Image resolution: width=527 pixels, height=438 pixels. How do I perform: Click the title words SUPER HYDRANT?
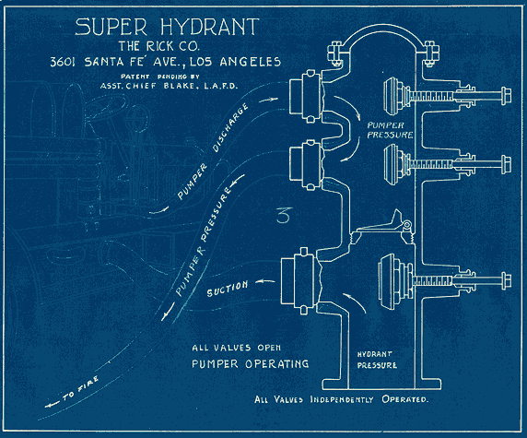point(167,27)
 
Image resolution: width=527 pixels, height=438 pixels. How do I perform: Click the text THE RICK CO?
point(159,46)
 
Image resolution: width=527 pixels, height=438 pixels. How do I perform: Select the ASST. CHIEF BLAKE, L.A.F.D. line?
point(169,86)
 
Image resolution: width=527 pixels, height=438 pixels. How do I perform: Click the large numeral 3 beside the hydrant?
point(285,216)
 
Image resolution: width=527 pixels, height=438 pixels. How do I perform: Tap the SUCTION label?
point(228,289)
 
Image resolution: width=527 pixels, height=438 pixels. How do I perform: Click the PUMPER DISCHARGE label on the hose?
point(213,150)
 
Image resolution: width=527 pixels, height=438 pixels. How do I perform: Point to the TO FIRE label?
point(80,389)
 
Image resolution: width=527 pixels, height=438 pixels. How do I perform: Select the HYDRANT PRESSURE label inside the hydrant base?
point(377,360)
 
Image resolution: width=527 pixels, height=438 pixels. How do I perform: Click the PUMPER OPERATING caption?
point(250,363)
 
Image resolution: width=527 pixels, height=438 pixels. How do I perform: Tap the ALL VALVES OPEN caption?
point(236,348)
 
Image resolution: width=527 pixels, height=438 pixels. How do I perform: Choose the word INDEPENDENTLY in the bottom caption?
point(342,399)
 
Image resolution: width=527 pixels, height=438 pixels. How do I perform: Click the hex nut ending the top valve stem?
point(506,96)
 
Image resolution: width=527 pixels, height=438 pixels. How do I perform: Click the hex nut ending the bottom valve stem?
point(506,280)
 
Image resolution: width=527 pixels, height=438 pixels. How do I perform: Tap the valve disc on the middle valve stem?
point(391,164)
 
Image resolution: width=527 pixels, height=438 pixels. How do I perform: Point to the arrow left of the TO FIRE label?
point(53,405)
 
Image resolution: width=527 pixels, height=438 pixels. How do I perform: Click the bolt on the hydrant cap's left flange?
point(336,53)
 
